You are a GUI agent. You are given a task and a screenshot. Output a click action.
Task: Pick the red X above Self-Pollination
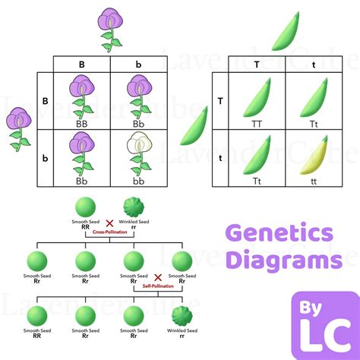click(x=156, y=278)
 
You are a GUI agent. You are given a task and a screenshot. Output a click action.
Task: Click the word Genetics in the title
click(x=279, y=232)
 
